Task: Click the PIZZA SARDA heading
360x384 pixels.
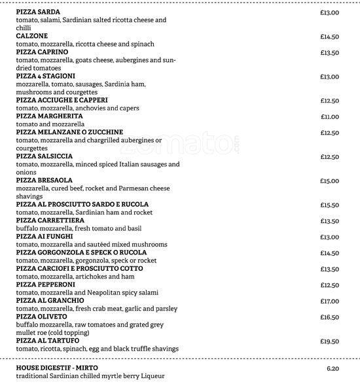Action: point(38,12)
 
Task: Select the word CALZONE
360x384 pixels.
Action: point(31,37)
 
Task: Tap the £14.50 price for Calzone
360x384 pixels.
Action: point(329,37)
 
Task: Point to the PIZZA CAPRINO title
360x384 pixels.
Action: point(42,52)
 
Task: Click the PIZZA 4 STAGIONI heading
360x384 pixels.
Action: point(45,77)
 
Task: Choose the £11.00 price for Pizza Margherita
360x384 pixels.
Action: point(329,116)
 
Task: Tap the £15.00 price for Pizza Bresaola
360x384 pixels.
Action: point(329,181)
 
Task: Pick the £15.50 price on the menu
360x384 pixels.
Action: point(329,205)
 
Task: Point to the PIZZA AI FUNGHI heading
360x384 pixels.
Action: point(45,237)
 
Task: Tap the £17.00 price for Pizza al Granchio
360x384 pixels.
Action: point(329,301)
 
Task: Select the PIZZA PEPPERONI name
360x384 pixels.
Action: point(46,285)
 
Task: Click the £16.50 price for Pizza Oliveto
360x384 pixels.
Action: point(329,317)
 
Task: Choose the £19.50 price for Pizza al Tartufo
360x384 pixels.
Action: point(329,341)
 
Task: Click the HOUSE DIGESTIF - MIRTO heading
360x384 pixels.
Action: point(58,368)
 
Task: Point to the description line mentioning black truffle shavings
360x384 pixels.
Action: point(97,349)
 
